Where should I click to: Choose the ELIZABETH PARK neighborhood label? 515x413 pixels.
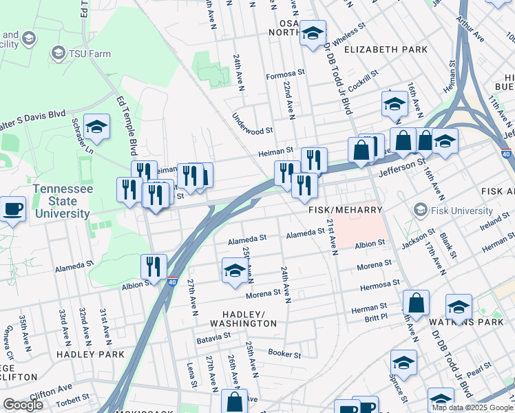pos(386,50)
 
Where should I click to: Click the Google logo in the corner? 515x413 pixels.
pos(23,405)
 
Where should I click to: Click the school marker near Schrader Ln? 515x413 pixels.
pos(97,126)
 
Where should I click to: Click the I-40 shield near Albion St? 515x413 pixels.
pos(172,282)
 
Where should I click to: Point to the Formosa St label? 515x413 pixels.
pos(286,73)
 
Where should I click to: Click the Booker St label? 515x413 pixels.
pos(285,354)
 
